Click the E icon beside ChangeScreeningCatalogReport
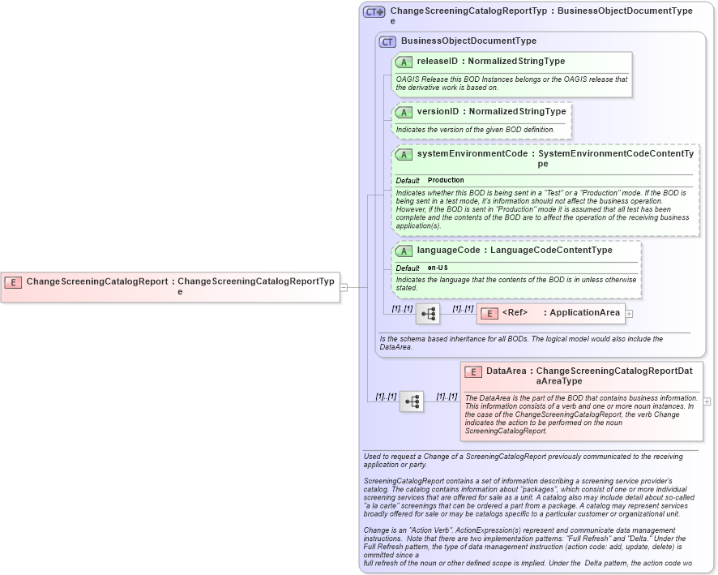(x=13, y=282)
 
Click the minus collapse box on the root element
(x=344, y=286)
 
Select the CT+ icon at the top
(x=374, y=12)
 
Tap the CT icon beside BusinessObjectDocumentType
(x=387, y=41)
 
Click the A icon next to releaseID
(x=404, y=62)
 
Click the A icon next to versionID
(x=404, y=112)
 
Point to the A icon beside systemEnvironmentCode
(x=404, y=154)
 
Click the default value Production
(x=446, y=180)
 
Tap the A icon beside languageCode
(x=404, y=251)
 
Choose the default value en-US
(x=438, y=268)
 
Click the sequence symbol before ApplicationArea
(x=427, y=313)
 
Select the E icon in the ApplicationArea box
(x=489, y=313)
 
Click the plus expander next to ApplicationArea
(x=629, y=313)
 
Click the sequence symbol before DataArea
(x=412, y=401)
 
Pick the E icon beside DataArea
(x=473, y=371)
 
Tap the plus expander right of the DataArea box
(x=707, y=401)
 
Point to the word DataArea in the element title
(x=506, y=371)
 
